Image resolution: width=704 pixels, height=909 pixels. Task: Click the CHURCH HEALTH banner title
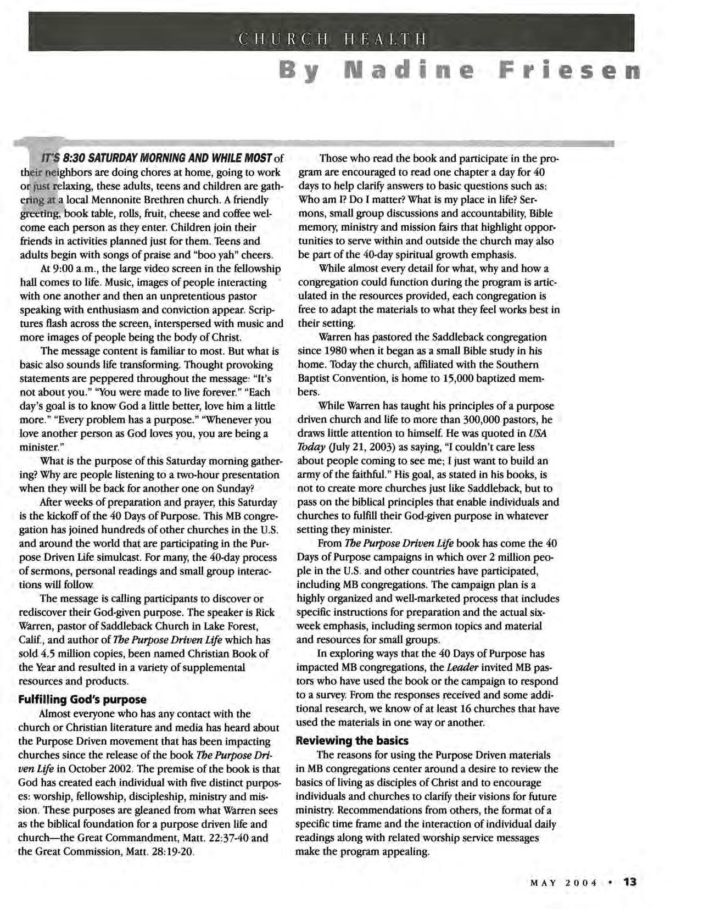[x=332, y=40]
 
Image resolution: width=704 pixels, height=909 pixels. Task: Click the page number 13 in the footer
[x=629, y=882]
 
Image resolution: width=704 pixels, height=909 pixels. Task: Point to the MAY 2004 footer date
[x=564, y=883]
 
